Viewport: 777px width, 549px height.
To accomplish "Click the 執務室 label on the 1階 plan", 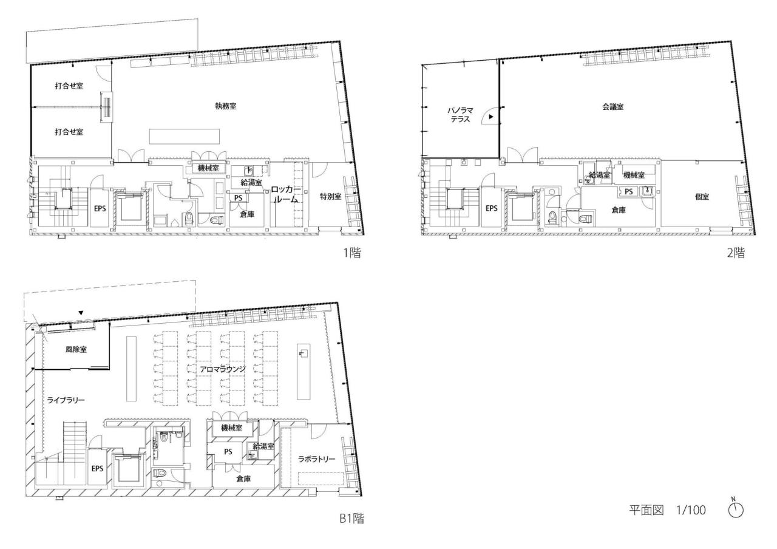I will click(225, 106).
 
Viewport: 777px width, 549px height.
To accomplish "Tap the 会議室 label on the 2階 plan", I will click(612, 106).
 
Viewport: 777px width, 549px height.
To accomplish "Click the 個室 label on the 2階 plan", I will click(702, 197).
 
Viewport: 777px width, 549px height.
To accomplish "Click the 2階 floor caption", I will click(735, 253).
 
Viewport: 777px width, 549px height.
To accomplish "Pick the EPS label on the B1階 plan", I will click(97, 469).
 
